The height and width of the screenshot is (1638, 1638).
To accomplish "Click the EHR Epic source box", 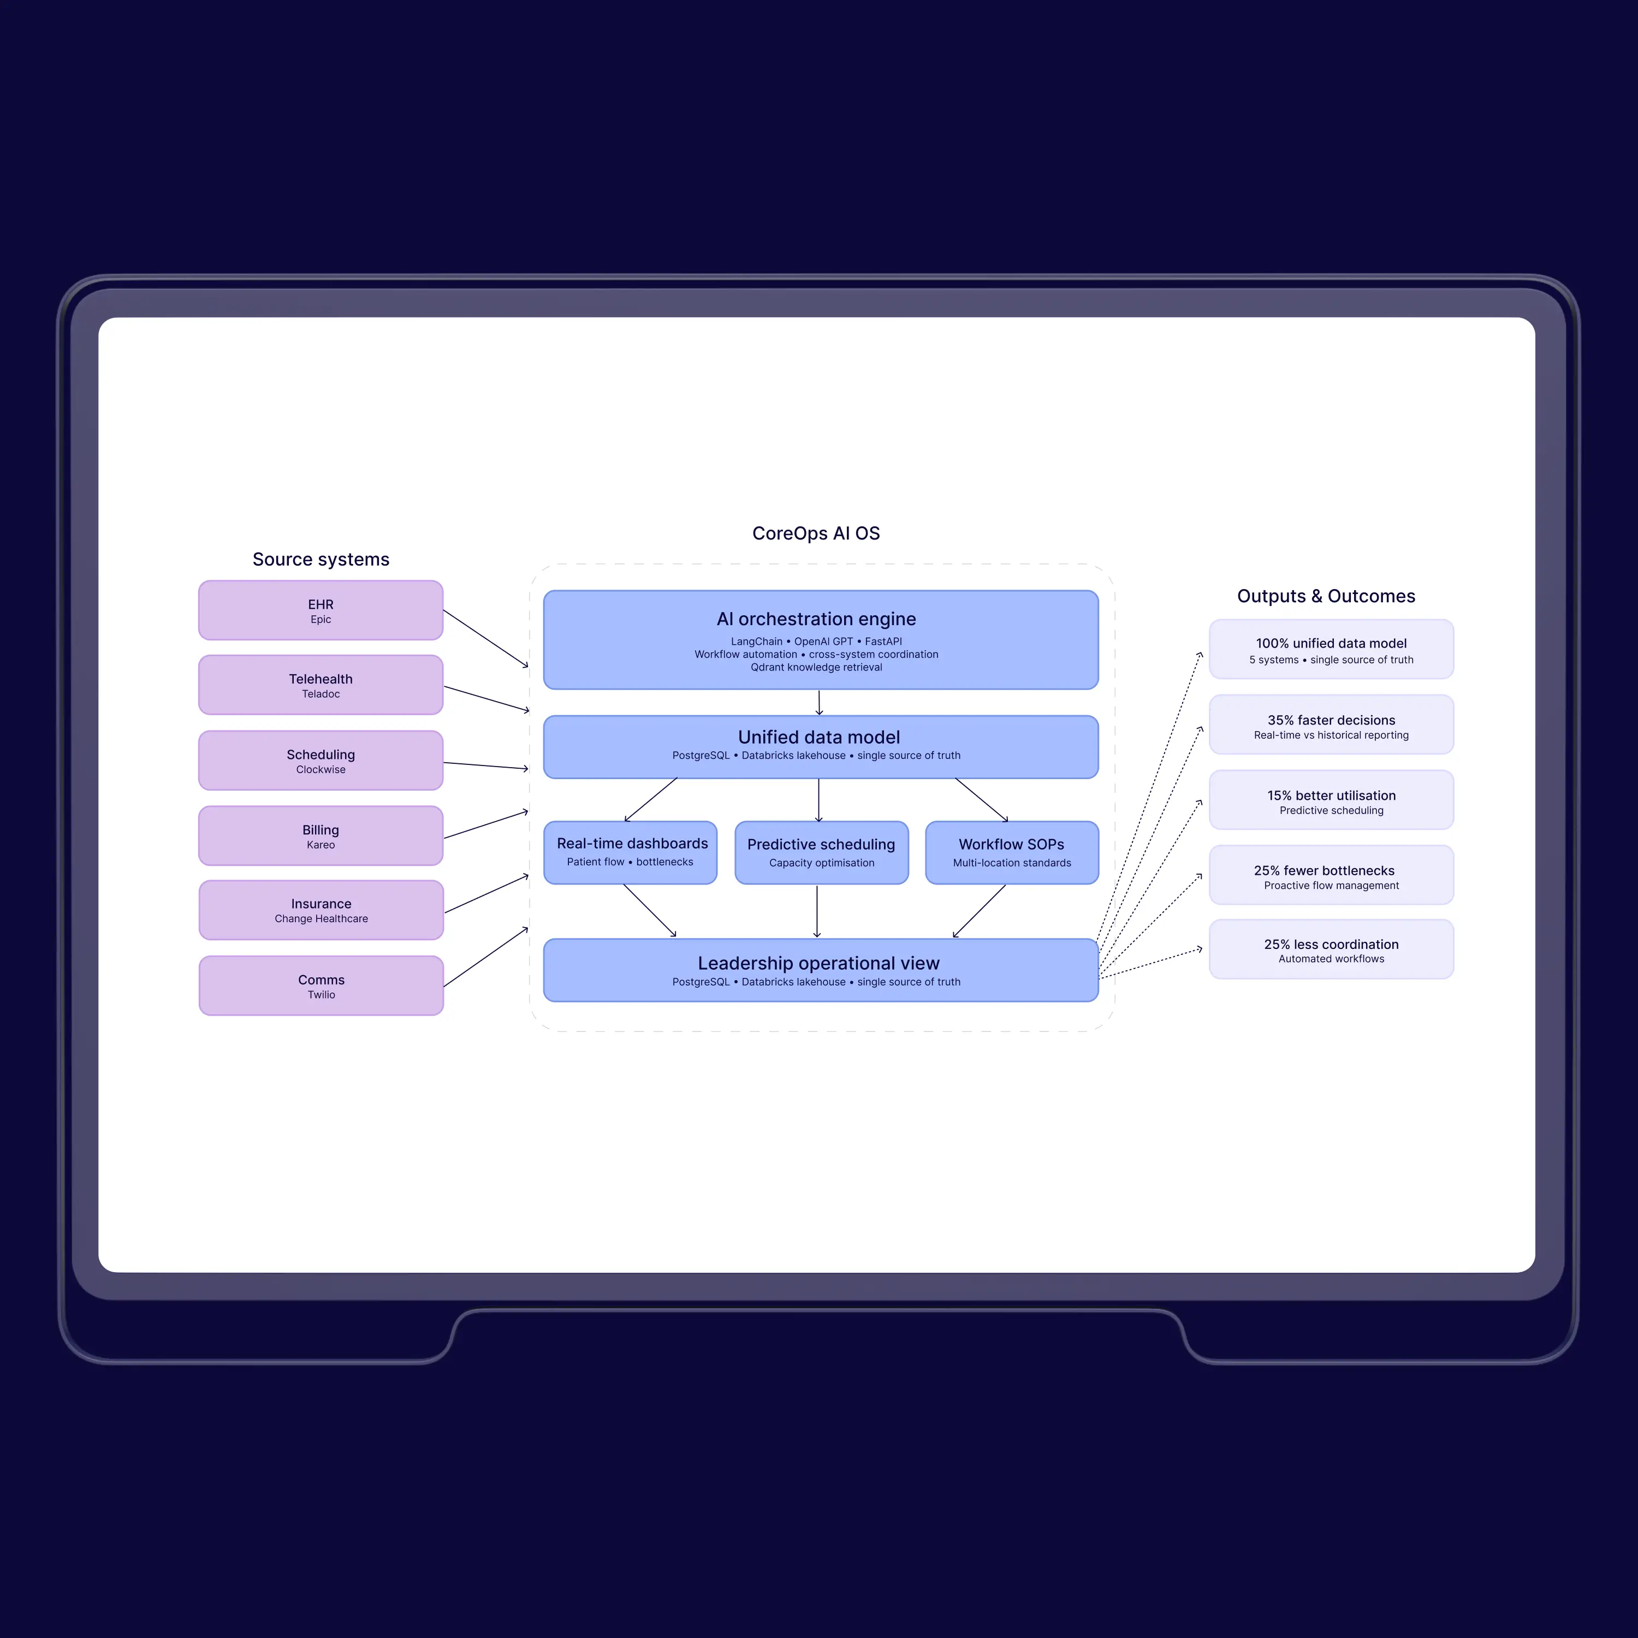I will click(321, 610).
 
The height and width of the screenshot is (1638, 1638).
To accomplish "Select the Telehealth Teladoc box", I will click(321, 685).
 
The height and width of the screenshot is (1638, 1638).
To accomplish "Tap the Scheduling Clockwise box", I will click(321, 761).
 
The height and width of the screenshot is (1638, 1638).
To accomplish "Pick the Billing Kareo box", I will click(321, 836).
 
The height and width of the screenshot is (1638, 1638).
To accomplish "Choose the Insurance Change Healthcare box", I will click(322, 910).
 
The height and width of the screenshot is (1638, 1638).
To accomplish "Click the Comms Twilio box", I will click(322, 985).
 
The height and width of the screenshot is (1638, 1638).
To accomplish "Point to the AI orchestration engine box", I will click(821, 640).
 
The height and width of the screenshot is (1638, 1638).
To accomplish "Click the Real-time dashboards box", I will click(630, 852).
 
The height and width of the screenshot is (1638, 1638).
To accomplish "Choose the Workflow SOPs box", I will click(1011, 852).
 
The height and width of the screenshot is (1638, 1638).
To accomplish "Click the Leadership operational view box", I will click(821, 970).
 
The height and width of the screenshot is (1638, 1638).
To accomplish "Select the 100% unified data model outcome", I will click(1331, 649).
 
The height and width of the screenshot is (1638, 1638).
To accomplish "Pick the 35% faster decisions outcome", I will click(1331, 725).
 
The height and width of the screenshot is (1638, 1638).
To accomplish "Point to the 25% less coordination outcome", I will click(1331, 949).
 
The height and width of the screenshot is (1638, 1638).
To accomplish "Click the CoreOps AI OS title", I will click(816, 533).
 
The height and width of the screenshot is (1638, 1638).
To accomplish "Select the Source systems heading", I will click(321, 560).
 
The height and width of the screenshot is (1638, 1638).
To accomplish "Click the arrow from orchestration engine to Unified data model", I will click(819, 703).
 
